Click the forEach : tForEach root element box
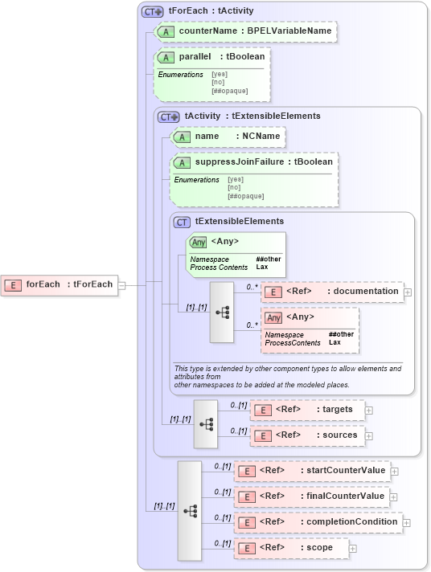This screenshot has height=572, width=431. click(60, 284)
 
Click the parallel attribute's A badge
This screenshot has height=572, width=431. click(166, 58)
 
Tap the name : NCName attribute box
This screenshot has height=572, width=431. click(228, 137)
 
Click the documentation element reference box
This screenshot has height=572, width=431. click(331, 292)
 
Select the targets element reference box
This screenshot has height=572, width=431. click(306, 410)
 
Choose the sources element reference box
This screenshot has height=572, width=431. click(306, 435)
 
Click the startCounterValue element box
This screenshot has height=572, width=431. click(311, 471)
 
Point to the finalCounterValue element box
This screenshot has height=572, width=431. click(311, 496)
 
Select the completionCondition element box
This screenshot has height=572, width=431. click(318, 522)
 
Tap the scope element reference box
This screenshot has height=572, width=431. click(290, 548)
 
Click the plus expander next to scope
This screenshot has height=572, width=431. click(352, 549)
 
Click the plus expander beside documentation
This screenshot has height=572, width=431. click(408, 292)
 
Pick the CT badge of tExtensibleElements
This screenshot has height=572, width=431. click(183, 222)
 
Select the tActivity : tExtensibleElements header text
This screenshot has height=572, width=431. click(252, 116)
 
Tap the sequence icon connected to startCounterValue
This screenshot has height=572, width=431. click(190, 510)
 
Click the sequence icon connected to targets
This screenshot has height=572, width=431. click(206, 423)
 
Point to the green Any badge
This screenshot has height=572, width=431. click(198, 241)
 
